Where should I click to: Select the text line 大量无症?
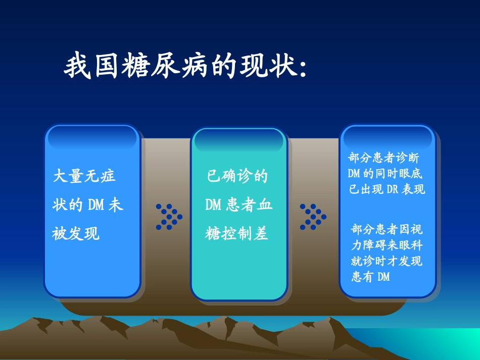[x=84, y=176]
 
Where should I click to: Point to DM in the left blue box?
[x=96, y=205]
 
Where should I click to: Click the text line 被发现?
[x=76, y=234]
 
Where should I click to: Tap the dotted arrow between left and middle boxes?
[x=169, y=217]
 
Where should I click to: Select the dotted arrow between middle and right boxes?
[x=313, y=217]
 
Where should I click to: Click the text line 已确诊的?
[x=237, y=176]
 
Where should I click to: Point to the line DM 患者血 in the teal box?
[x=238, y=205]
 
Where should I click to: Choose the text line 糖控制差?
[x=237, y=234]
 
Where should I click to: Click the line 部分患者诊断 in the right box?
[x=383, y=158]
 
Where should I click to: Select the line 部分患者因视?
[x=387, y=230]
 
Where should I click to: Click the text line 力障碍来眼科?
[x=387, y=245]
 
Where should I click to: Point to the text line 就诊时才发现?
[x=387, y=261]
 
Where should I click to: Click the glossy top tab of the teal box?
[x=239, y=140]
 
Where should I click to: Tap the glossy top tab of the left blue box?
[x=91, y=137]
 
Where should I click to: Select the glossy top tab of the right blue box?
[x=387, y=137]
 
